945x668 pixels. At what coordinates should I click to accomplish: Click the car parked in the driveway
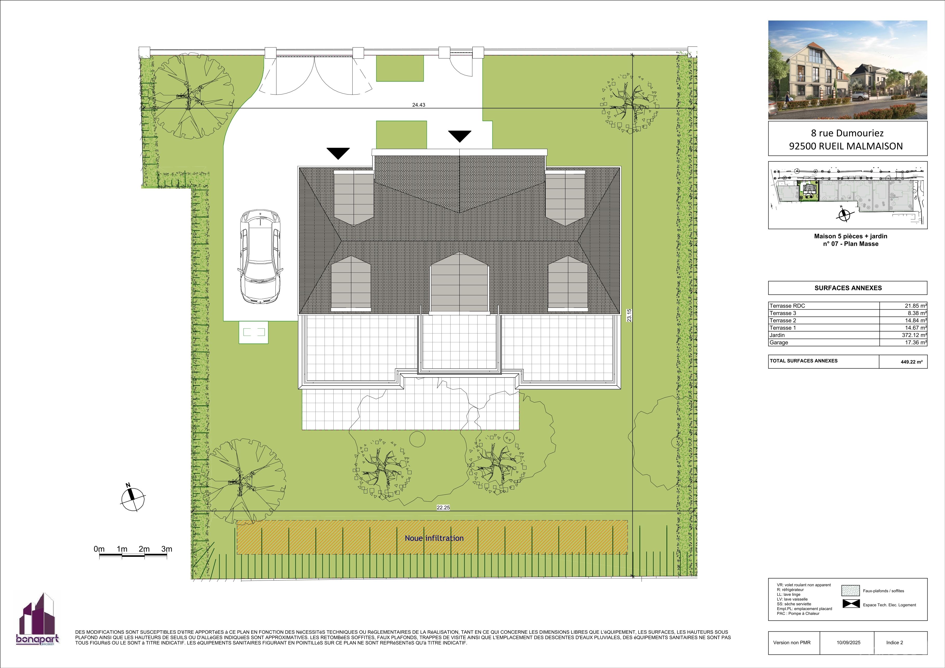pyautogui.click(x=260, y=257)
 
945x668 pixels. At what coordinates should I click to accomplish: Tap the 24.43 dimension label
pyautogui.click(x=419, y=105)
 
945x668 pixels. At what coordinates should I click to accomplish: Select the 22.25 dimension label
pyautogui.click(x=443, y=507)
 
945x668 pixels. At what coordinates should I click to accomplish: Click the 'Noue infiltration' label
pyautogui.click(x=434, y=538)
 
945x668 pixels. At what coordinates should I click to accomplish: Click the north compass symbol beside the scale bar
pyautogui.click(x=133, y=498)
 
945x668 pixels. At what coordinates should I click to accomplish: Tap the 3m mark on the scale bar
pyautogui.click(x=167, y=549)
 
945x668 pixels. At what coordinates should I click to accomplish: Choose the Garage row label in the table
pyautogui.click(x=779, y=343)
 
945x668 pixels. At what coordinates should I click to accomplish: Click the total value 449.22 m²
pyautogui.click(x=912, y=362)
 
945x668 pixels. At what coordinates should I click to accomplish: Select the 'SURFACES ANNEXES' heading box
pyautogui.click(x=848, y=288)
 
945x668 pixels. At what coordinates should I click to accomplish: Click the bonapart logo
pyautogui.click(x=37, y=619)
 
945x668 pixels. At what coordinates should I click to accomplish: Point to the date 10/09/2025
pyautogui.click(x=848, y=643)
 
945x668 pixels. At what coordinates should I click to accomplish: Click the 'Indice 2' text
pyautogui.click(x=895, y=643)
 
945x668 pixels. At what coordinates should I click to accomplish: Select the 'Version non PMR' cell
pyautogui.click(x=794, y=643)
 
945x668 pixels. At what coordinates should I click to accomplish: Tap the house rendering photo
pyautogui.click(x=848, y=70)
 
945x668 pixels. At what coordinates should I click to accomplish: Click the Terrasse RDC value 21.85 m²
pyautogui.click(x=916, y=306)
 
